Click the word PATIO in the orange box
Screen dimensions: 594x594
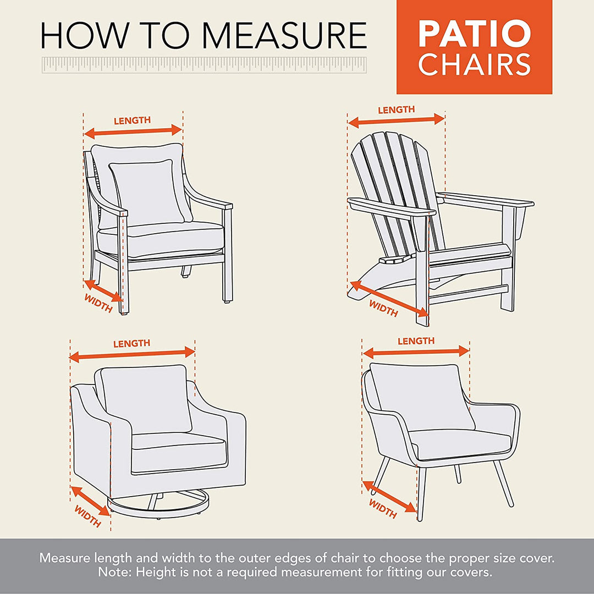tap(474, 34)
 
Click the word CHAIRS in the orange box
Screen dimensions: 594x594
tap(474, 65)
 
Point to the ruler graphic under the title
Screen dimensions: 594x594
tap(204, 64)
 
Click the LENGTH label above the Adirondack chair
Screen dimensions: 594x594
tap(396, 110)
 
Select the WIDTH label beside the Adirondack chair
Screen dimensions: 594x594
tap(383, 309)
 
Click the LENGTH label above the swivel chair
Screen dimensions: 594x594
tap(131, 344)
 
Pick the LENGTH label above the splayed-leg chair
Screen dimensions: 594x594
tap(416, 342)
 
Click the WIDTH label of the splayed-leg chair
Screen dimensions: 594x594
tap(383, 509)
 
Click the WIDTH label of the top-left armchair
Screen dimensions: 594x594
tap(98, 303)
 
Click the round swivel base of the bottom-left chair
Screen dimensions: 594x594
tap(159, 503)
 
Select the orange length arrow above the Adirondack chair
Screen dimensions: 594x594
tap(396, 120)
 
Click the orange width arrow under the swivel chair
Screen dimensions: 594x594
tap(91, 500)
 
